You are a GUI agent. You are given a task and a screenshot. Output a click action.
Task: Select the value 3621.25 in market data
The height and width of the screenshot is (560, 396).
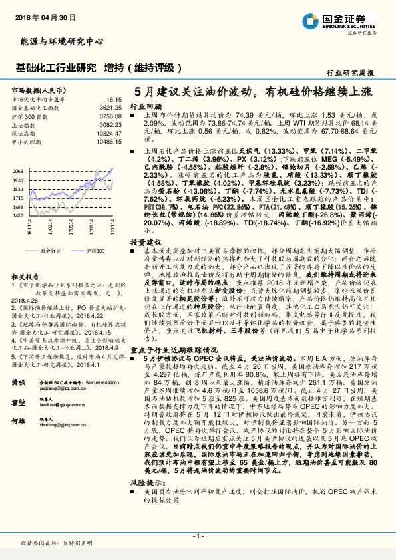[x=112, y=106]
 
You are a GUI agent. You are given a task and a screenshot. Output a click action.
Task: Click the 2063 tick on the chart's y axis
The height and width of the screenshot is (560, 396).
[x=18, y=171]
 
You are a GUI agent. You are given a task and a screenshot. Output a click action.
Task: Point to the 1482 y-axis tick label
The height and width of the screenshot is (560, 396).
[x=18, y=215]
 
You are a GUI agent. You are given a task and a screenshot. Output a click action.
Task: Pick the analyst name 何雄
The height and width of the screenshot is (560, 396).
[x=19, y=422]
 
